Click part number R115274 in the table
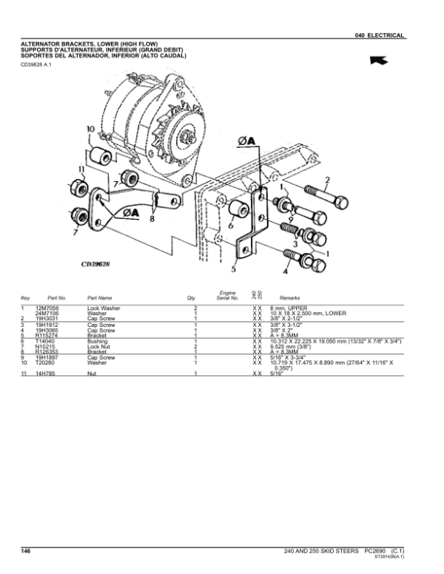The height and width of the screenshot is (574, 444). pyautogui.click(x=46, y=335)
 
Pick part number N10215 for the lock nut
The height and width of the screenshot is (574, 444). pyautogui.click(x=44, y=347)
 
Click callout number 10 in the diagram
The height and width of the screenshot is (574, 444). pyautogui.click(x=90, y=129)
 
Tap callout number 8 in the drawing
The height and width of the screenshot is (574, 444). pyautogui.click(x=152, y=219)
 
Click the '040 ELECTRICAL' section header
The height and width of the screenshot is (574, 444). pyautogui.click(x=379, y=36)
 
